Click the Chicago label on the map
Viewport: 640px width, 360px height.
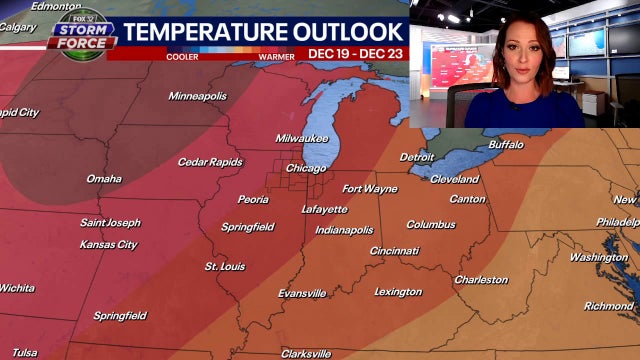tap(306, 168)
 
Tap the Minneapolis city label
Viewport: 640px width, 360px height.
tap(197, 96)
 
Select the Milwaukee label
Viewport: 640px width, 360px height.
tap(302, 139)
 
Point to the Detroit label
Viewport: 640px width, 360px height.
tap(417, 157)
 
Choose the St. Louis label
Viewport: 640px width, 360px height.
tap(225, 267)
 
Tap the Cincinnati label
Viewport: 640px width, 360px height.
tap(394, 251)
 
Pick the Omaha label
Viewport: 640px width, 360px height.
tap(104, 179)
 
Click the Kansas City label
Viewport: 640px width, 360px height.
tap(108, 244)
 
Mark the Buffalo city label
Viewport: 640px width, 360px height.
tap(505, 145)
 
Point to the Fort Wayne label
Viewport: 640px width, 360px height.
tap(369, 189)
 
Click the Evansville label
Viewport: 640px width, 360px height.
tap(302, 293)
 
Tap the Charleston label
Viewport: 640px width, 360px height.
tap(481, 280)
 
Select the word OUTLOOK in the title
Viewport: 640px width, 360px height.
tap(335, 31)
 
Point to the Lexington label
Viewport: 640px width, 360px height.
tap(398, 292)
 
